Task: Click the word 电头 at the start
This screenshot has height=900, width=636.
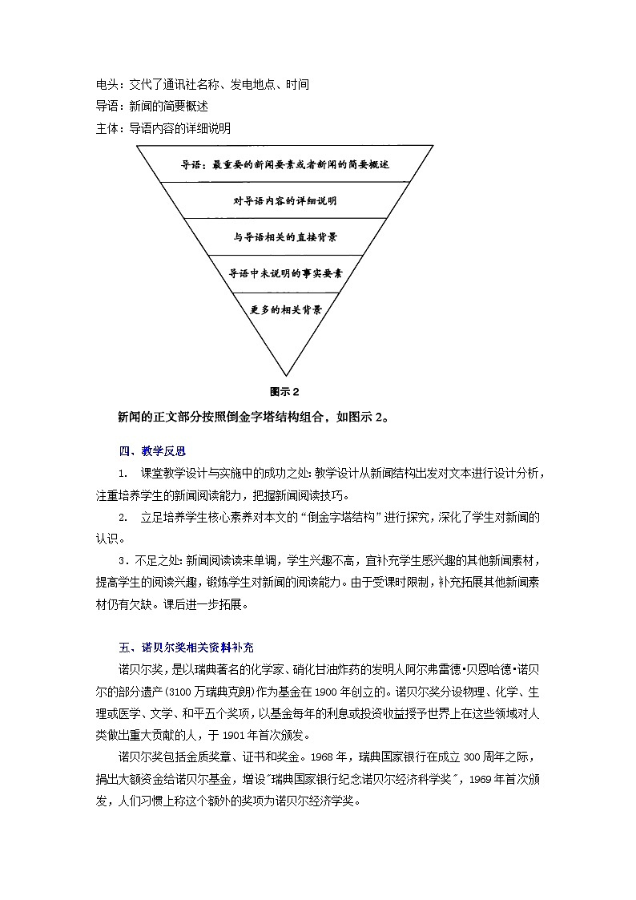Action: coord(107,84)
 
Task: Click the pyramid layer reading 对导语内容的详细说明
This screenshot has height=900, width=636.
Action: coord(284,200)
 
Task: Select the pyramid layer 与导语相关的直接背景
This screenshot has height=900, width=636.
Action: coord(284,237)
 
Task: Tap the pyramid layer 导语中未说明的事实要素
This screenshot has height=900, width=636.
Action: coord(285,273)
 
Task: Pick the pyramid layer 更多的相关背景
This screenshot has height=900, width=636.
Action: coord(285,309)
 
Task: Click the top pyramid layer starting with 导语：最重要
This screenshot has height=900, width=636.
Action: coord(285,165)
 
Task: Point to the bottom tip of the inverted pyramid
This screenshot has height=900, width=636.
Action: coord(285,374)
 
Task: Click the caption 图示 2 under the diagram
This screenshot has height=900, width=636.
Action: coord(284,392)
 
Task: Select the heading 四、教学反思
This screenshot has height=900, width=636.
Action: coord(141,451)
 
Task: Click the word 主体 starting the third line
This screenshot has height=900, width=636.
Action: coord(107,127)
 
